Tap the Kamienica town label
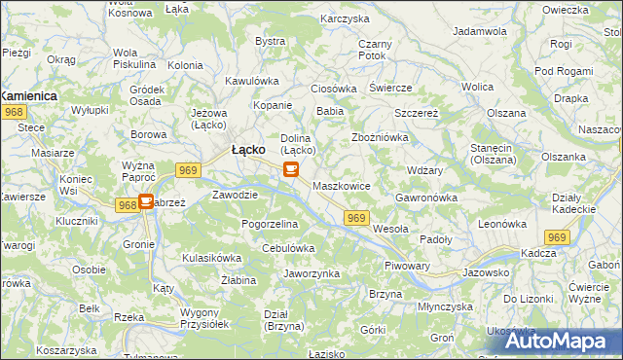[28, 96]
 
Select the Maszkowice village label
[341, 184]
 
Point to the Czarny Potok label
[374, 50]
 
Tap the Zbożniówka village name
[379, 137]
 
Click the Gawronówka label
[426, 198]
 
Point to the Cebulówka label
[288, 248]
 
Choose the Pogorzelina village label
[270, 224]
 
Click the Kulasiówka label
[211, 258]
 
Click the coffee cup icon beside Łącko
[290, 169]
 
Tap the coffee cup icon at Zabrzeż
[145, 202]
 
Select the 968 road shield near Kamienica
[14, 114]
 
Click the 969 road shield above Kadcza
[556, 237]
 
